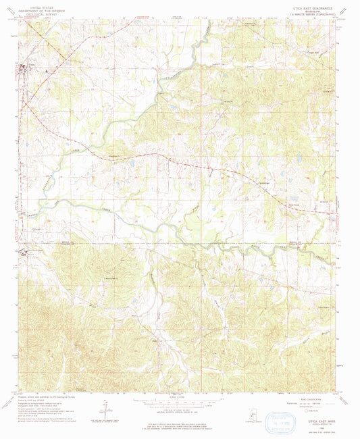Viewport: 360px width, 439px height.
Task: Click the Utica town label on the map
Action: tap(30, 63)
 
